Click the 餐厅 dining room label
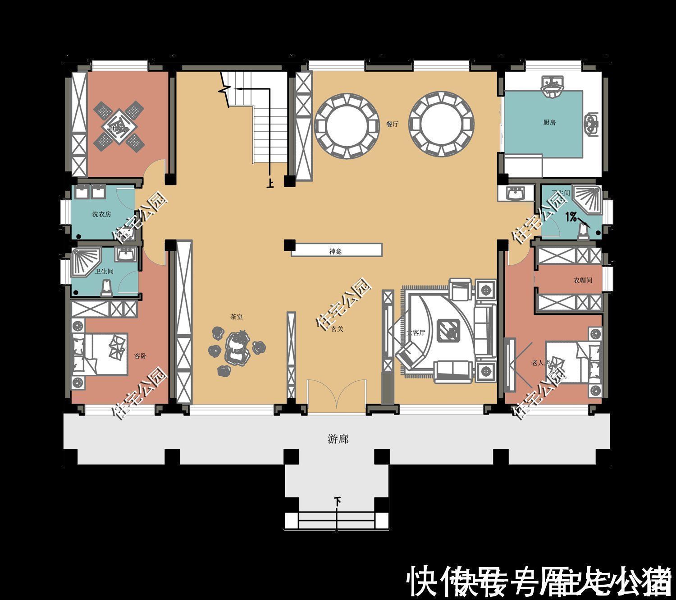click(392, 124)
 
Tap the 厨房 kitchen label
click(549, 122)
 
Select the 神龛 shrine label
click(335, 251)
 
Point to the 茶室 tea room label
click(237, 317)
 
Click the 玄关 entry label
click(337, 329)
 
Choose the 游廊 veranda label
click(338, 439)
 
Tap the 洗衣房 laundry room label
click(101, 214)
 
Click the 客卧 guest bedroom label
click(140, 356)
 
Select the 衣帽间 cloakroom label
click(582, 280)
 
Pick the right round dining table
click(442, 125)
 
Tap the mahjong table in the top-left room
click(119, 126)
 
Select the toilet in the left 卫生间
click(106, 287)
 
